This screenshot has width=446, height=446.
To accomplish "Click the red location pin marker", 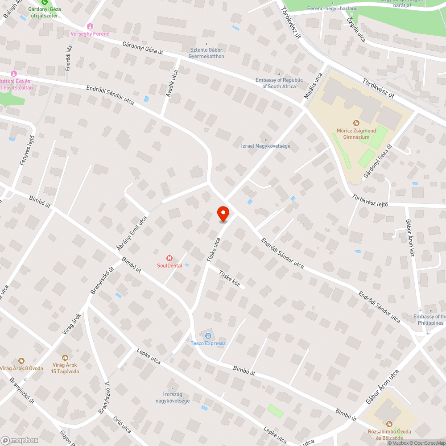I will tap(223, 214).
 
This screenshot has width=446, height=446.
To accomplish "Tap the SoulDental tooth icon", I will tap(169, 258).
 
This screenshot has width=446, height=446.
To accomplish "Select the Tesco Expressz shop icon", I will tap(208, 335).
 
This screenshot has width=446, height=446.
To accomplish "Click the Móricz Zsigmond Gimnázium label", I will tap(356, 134).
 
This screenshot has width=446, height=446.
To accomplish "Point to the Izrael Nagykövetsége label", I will tap(266, 146).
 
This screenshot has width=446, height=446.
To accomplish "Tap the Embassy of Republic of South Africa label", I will tap(279, 83).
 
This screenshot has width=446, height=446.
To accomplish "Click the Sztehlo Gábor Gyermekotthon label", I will tap(206, 54).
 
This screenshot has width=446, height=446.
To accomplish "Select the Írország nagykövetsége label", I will tap(173, 398).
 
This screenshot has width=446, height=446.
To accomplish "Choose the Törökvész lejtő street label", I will tap(370, 199).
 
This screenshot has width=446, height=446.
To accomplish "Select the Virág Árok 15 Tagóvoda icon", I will tap(65, 358).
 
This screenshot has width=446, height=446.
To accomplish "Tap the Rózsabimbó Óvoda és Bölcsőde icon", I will tap(389, 424).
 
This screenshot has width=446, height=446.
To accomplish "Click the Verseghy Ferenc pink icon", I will tap(91, 26).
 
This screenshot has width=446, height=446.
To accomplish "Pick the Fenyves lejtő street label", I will tap(27, 150).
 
